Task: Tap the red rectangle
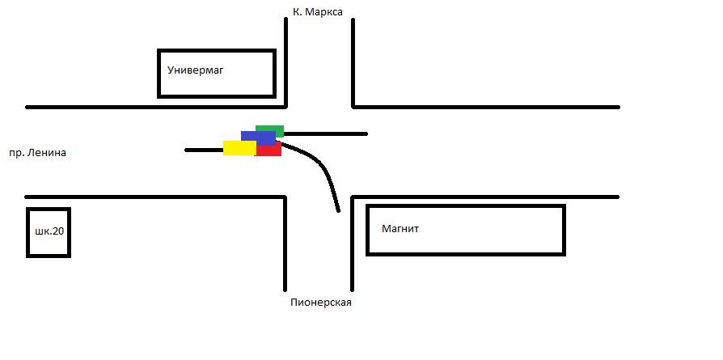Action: (270, 150)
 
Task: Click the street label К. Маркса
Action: (317, 12)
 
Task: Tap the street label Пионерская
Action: (321, 303)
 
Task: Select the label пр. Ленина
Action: (37, 152)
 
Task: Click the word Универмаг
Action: (195, 70)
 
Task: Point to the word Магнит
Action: (400, 229)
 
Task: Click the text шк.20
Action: (49, 231)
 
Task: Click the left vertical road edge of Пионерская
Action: (285, 243)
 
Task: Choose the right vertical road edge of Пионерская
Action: (352, 243)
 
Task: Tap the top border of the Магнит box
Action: (465, 206)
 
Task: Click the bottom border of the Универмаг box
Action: (217, 96)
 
